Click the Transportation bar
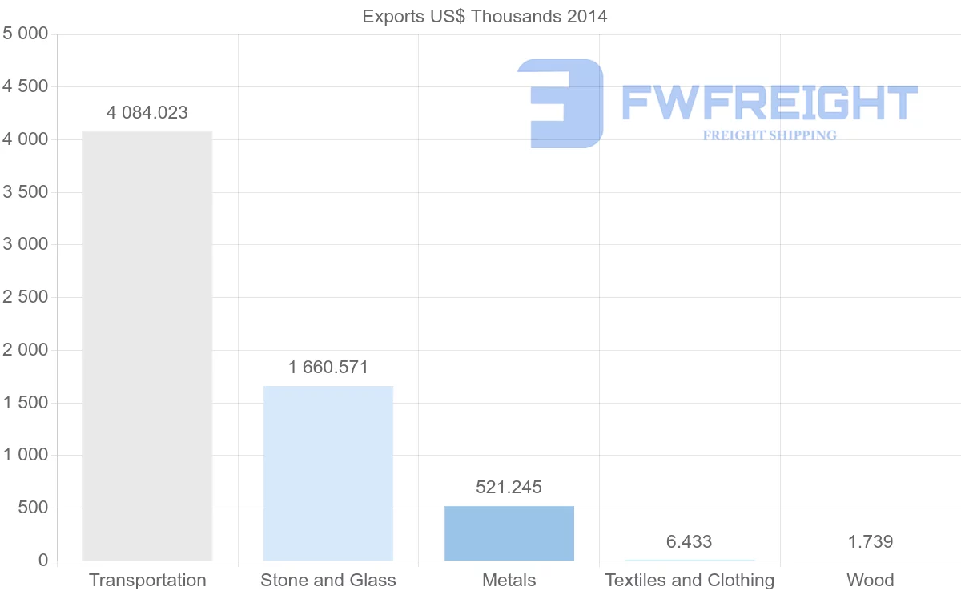coord(147,346)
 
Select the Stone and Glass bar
coord(328,473)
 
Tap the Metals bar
coord(509,533)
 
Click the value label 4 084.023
coord(147,113)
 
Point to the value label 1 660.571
coord(328,368)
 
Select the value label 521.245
coord(509,488)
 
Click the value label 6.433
coord(690,542)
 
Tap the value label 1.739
coord(871,542)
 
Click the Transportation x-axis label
coord(147,581)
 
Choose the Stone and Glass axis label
coord(328,581)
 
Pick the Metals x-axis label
coord(509,581)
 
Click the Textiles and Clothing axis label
coord(690,581)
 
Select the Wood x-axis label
coord(871,581)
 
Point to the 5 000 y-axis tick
coord(26,34)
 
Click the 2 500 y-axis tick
coord(26,297)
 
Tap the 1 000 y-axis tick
coord(26,455)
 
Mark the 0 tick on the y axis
coord(42,561)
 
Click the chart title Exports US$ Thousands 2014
coord(485,17)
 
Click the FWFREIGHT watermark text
coord(769,103)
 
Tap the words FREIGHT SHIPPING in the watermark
coord(770,135)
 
